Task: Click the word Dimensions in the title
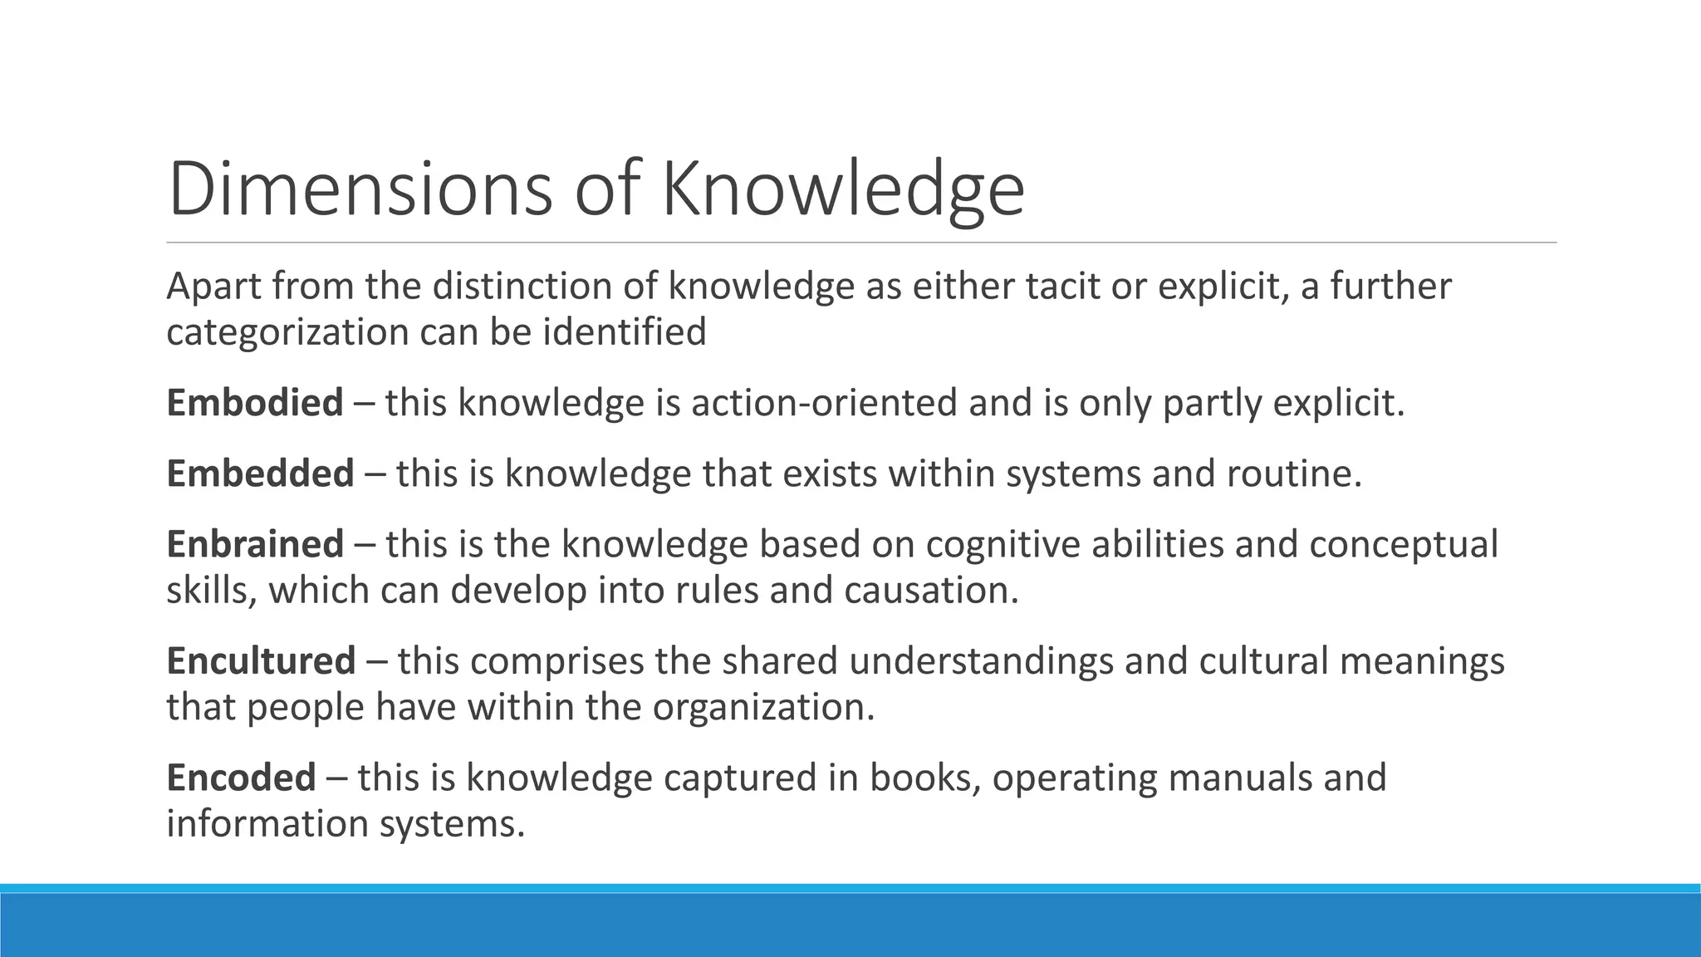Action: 360,189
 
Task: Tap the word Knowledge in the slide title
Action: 843,189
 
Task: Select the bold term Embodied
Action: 254,403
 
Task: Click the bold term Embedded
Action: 260,474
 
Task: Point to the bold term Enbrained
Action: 254,544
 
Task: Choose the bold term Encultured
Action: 261,661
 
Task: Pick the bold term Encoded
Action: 241,778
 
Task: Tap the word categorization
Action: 287,332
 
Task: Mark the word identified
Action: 625,332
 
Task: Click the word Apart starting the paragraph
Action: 212,287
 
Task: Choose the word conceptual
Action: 1404,544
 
